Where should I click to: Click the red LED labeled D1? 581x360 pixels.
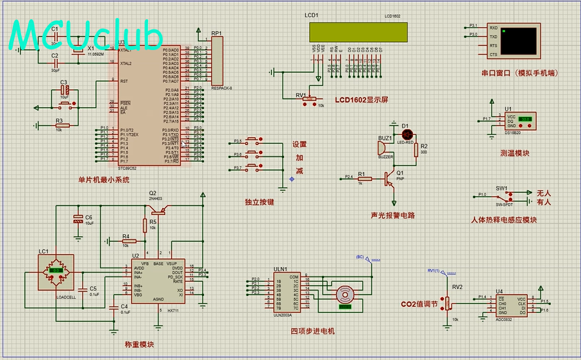[406, 135]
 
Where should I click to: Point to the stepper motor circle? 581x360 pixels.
[345, 296]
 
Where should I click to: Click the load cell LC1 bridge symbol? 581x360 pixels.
[56, 271]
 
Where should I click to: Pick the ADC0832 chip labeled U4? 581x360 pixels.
[511, 305]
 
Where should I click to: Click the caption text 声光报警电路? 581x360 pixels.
[392, 216]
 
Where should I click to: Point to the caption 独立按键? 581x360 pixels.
[259, 202]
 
